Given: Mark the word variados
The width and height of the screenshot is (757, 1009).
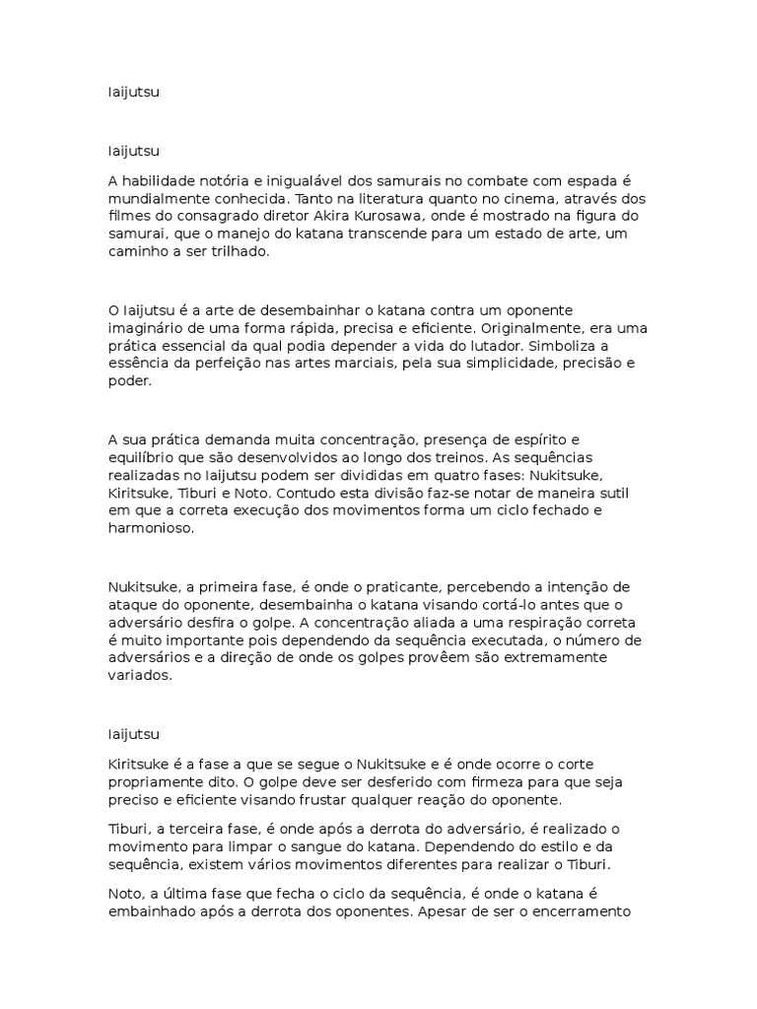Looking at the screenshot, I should tap(139, 676).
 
